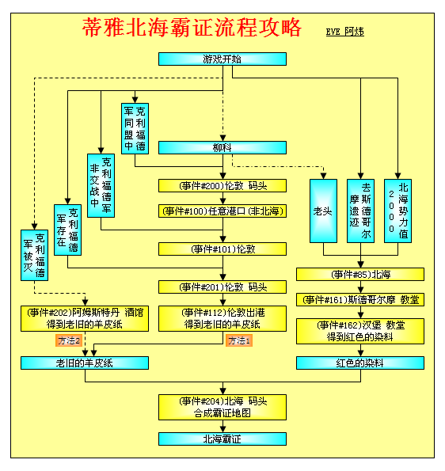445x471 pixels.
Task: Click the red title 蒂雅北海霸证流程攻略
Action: (192, 28)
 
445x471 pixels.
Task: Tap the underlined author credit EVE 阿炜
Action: (345, 32)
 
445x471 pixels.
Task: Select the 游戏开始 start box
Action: (222, 59)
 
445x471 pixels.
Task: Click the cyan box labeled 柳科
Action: (222, 147)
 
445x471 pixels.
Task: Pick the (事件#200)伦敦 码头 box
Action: (222, 186)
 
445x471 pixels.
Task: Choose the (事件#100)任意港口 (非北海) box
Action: (222, 211)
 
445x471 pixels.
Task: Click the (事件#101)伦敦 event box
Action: (222, 249)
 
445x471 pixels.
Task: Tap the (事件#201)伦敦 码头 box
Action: (222, 287)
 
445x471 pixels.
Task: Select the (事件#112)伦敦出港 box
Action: (222, 318)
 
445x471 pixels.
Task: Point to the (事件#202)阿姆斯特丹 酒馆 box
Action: (85, 318)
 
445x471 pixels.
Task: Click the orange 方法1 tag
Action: (239, 340)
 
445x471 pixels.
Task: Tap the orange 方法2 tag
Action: (69, 340)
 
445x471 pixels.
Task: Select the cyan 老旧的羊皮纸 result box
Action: (85, 363)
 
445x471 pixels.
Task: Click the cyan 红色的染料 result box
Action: (360, 363)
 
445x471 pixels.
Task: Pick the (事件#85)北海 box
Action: (360, 274)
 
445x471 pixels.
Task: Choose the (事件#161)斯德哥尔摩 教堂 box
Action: (360, 299)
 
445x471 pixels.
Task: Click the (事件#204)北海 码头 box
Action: (222, 407)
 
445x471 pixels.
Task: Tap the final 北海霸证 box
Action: (222, 439)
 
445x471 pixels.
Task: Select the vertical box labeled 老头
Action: (323, 211)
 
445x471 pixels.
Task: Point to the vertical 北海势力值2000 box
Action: (397, 211)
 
